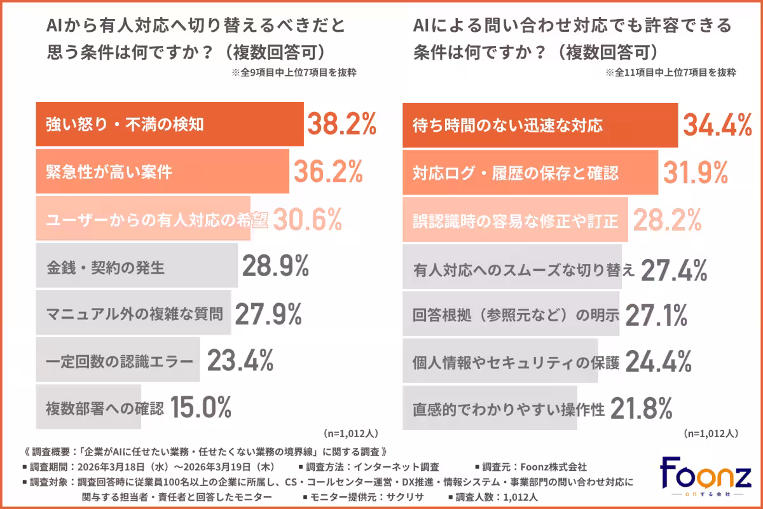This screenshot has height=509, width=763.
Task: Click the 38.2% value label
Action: click(x=342, y=125)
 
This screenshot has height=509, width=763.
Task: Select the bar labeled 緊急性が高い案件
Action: click(x=162, y=172)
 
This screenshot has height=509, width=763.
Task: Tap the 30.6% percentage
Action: click(x=308, y=220)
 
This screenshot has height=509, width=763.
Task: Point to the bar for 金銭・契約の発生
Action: click(x=137, y=268)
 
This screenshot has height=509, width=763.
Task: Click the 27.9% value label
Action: click(x=268, y=314)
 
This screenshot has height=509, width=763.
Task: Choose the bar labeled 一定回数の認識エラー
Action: click(x=118, y=362)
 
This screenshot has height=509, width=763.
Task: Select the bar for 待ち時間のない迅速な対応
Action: click(x=540, y=125)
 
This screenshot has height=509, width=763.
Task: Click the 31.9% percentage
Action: click(x=696, y=172)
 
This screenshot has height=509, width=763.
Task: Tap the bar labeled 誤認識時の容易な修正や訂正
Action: click(x=516, y=220)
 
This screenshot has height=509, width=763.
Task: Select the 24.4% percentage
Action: click(x=658, y=361)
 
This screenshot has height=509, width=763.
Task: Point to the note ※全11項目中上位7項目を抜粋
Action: click(x=671, y=73)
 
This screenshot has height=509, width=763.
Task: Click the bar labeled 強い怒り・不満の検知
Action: click(x=168, y=125)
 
